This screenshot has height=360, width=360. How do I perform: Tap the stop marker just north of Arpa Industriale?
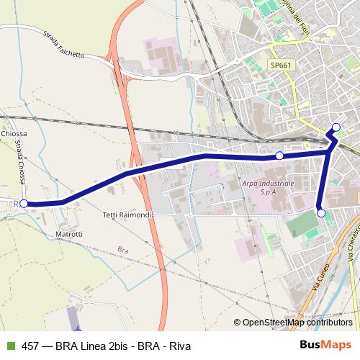[279, 156]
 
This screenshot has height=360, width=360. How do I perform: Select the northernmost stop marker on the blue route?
[336, 128]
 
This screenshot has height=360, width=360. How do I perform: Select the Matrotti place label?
[69, 234]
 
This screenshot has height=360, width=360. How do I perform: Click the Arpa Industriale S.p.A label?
[268, 189]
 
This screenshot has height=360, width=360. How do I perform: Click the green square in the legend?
[9, 346]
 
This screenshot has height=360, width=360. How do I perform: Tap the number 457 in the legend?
[30, 346]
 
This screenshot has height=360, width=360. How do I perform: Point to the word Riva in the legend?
[179, 346]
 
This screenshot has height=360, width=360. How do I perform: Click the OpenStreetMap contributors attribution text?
[297, 323]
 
